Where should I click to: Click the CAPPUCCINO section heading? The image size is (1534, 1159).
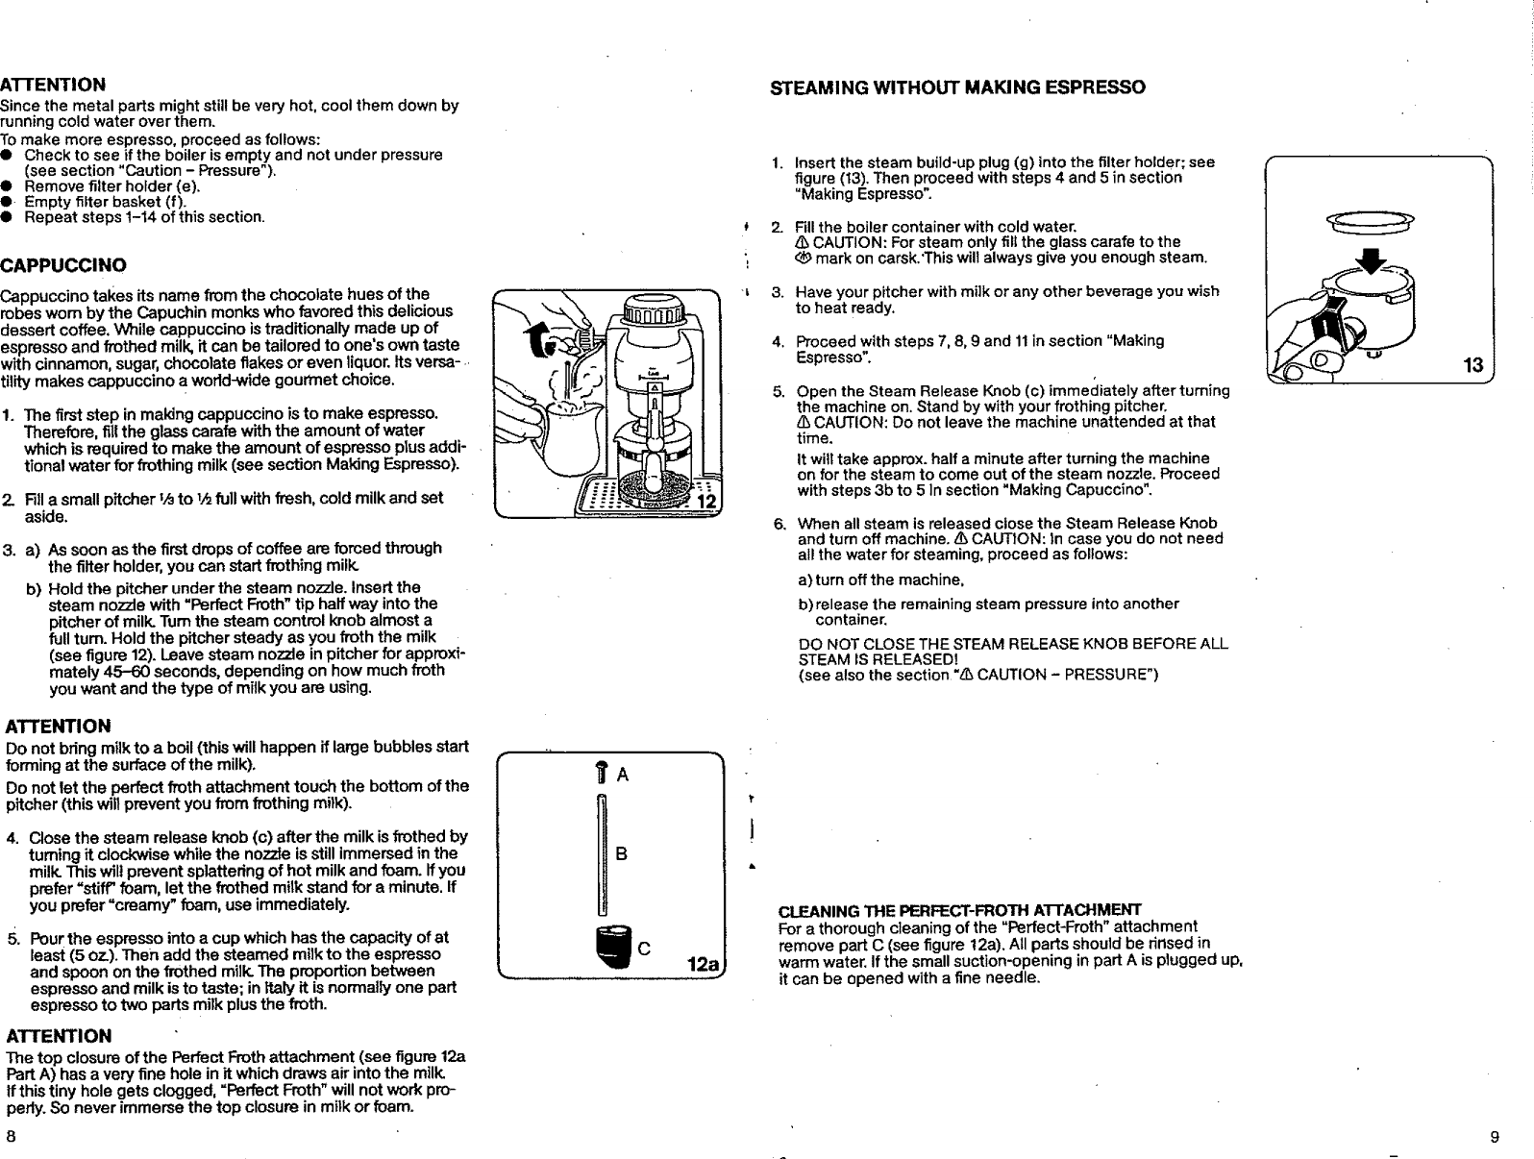point(63,264)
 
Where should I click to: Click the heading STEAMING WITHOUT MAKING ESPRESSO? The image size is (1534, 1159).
point(958,88)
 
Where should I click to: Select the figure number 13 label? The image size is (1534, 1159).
point(1472,365)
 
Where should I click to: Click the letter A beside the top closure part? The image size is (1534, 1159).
point(622,776)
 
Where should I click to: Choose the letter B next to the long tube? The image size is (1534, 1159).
point(621,852)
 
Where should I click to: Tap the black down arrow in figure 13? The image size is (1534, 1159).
point(1373,261)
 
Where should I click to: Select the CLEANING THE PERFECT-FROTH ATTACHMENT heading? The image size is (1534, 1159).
point(958,910)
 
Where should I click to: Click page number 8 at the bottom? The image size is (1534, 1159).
point(11,1136)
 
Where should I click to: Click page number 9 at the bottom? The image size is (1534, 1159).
point(1494,1137)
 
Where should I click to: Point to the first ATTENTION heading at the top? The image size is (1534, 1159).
point(53,86)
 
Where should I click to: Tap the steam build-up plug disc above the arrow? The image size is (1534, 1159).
point(1369,222)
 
